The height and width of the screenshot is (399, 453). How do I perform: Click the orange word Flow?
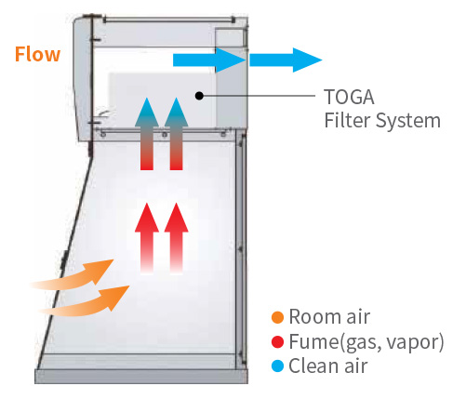pos(37,55)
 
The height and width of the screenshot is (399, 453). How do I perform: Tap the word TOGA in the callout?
pos(349,97)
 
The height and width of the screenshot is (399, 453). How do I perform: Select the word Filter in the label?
pos(347,120)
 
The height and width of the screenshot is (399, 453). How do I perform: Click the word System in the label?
pos(407,121)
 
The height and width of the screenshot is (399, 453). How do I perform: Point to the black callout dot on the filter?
pos(199,96)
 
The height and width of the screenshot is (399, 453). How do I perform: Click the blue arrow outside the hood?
pos(286,60)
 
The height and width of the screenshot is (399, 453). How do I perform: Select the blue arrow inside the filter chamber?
pos(209,60)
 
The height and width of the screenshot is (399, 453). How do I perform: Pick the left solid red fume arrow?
pos(147,238)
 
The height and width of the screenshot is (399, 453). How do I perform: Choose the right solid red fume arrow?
pos(176,238)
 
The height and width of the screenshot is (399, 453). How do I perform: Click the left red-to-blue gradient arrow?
pos(147,134)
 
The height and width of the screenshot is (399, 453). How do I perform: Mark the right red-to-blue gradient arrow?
pos(176,134)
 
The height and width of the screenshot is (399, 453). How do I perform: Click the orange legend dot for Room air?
pos(277,317)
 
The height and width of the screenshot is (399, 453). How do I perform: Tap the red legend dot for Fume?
pos(277,341)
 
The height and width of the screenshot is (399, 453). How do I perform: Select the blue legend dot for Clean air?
pos(277,366)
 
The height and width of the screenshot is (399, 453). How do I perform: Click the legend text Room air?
pos(329,317)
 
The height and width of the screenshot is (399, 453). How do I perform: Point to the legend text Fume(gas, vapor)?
pos(366,342)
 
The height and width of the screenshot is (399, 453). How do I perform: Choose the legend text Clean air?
pos(328,366)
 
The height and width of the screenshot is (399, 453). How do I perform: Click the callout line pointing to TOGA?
pos(259,96)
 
